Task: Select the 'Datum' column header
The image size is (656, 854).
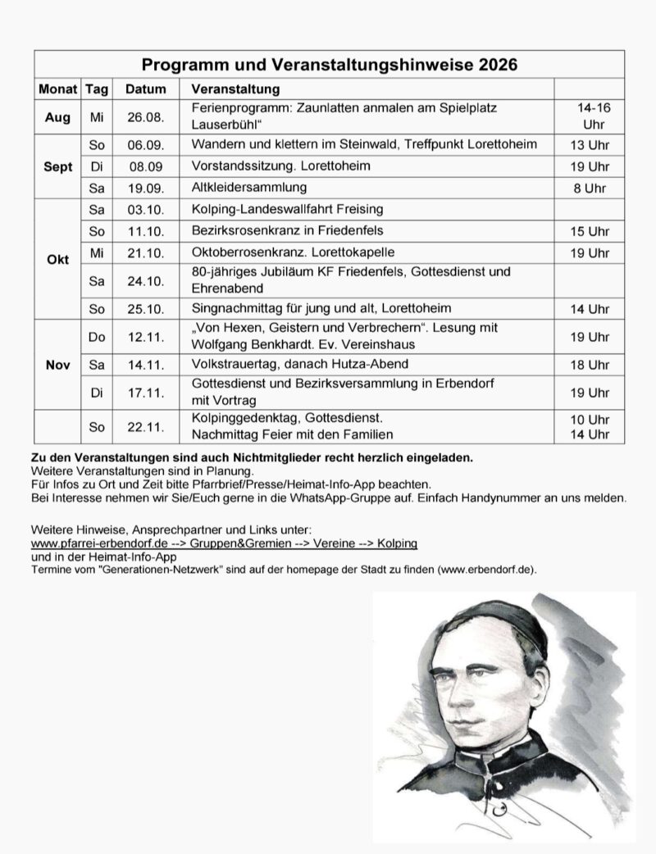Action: click(x=146, y=89)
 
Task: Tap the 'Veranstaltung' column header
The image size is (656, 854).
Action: click(x=235, y=89)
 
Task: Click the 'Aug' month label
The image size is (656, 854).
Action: click(x=57, y=117)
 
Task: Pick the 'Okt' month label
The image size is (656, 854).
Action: click(x=57, y=258)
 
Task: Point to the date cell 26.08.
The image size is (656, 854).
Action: click(x=146, y=117)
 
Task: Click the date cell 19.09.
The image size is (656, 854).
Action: click(x=146, y=188)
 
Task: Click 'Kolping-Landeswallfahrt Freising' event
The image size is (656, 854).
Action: click(x=287, y=209)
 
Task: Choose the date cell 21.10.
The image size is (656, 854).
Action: click(x=146, y=252)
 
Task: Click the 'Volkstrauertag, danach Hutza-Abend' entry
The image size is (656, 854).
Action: click(x=299, y=364)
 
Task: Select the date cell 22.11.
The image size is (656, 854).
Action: click(x=146, y=426)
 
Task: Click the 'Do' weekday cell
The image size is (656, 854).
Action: click(x=97, y=336)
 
